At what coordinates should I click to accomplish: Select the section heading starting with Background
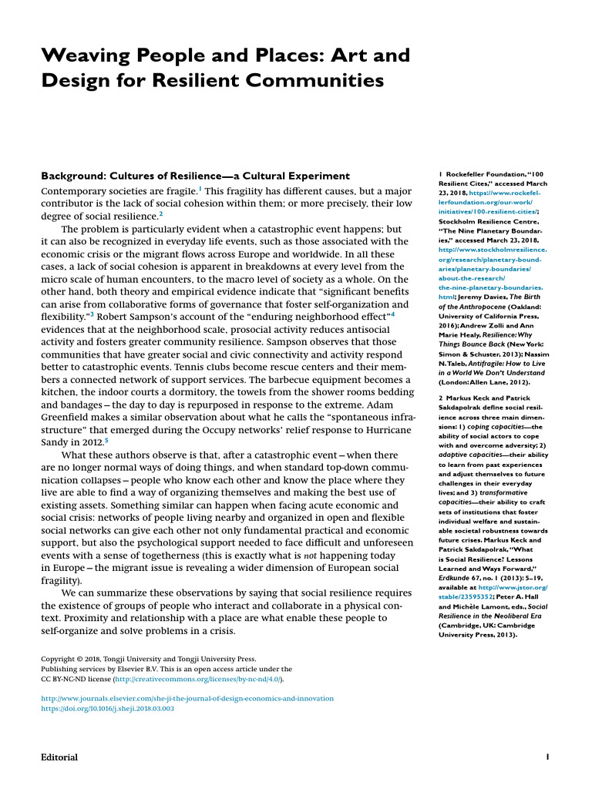click(194, 176)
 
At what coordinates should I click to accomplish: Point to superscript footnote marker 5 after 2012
click(106, 440)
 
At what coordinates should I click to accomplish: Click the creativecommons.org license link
click(198, 680)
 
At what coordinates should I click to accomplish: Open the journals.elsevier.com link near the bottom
click(187, 698)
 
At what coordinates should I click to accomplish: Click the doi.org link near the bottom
click(107, 708)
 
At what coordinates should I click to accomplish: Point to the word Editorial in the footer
click(59, 757)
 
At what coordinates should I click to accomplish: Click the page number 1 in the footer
click(547, 757)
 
